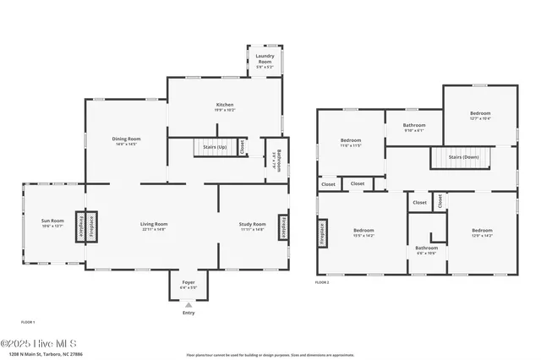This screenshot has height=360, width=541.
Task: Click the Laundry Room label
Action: pos(265,59)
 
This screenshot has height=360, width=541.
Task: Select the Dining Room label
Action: pos(127,141)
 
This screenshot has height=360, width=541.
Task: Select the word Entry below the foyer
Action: pos(188,313)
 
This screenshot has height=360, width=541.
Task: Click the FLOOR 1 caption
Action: pos(28,322)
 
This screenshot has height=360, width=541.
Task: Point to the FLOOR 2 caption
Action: pos(322,282)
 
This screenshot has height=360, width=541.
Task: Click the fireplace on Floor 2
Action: pos(322,232)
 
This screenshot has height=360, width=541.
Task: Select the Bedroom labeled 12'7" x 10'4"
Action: pos(480,116)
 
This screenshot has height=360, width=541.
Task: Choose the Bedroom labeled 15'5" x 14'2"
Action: pos(363,232)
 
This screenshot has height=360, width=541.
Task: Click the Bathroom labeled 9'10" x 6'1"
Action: pos(414,128)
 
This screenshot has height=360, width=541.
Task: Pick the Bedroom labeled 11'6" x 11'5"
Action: pos(351,142)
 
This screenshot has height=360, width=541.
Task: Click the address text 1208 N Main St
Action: pos(42,355)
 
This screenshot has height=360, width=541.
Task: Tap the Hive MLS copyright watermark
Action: pos(39,343)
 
